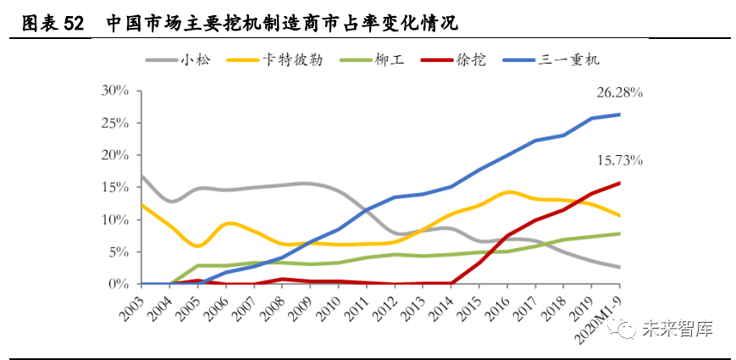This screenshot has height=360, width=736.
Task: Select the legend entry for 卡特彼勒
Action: [x=274, y=60]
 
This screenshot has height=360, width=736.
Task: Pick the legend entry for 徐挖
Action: [x=453, y=60]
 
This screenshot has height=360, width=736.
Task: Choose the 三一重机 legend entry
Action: [x=551, y=60]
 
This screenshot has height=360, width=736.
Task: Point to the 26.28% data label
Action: [x=619, y=93]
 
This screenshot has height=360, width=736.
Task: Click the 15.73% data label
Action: [x=619, y=161]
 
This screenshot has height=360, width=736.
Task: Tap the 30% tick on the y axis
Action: [x=115, y=91]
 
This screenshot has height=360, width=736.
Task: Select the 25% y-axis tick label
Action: [x=115, y=123]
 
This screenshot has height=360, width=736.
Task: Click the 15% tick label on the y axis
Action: [x=115, y=187]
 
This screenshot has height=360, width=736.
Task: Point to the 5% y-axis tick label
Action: [x=119, y=252]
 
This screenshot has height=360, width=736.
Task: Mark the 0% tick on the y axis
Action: [x=119, y=284]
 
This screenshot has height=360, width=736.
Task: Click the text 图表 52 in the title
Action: [x=53, y=24]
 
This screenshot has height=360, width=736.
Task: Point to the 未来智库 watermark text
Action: [x=677, y=329]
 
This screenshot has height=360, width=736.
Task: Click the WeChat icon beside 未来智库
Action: [x=622, y=328]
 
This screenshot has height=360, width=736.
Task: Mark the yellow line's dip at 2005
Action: [x=198, y=246]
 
